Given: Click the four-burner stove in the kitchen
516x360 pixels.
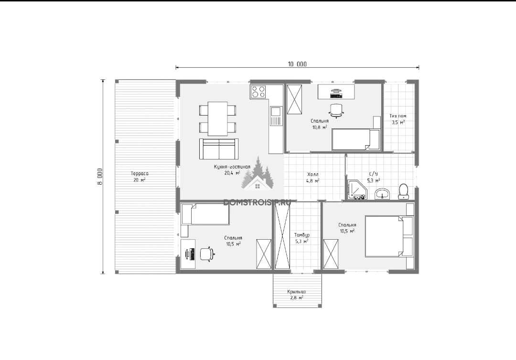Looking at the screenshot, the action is [258, 92].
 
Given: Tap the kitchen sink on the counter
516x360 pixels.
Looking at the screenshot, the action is [276, 116].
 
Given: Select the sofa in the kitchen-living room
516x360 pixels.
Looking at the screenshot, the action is [219, 149].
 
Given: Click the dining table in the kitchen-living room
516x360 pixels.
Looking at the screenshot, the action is [217, 118].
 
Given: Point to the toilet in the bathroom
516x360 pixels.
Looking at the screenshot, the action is [403, 191].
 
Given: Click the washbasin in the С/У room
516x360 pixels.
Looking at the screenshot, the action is [382, 194].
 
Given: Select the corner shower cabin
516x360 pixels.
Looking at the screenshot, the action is [356, 190].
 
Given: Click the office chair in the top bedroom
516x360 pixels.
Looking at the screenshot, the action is [336, 110].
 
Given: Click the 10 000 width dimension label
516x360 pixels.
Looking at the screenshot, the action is [297, 64].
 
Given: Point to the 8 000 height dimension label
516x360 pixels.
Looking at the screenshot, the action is [100, 177].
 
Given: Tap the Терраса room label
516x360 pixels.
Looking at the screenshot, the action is [140, 174].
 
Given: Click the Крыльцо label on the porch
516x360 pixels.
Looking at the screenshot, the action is [297, 292].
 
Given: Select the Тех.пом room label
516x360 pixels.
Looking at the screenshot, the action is [398, 116].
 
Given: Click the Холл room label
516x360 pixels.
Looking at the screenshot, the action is [312, 174].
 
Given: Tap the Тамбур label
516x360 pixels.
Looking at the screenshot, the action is [302, 235].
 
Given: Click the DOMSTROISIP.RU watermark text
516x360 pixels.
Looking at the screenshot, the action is [257, 202].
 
